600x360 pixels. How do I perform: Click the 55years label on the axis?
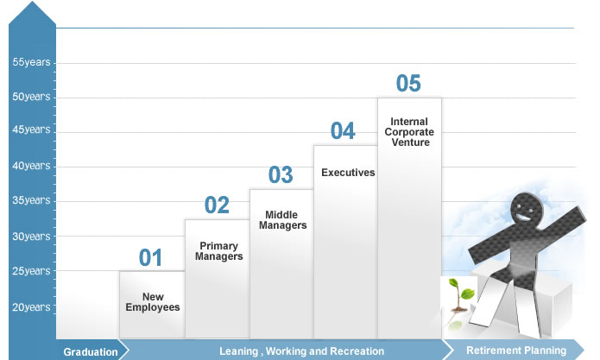31,62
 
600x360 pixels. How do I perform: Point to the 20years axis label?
31,307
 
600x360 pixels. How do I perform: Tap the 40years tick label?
31,166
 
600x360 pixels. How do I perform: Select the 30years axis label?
31,237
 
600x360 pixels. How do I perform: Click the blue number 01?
150,257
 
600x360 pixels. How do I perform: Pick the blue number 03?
281,175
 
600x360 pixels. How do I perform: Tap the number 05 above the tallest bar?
408,84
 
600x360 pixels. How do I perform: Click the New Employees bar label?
153,302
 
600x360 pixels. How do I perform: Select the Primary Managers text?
219,251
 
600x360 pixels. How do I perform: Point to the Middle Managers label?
283,220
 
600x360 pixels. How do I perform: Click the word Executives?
348,173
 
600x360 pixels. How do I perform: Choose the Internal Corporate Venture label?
409,132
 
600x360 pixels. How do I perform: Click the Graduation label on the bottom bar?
91,352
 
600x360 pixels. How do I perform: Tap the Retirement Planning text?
516,351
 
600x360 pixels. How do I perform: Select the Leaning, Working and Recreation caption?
301,351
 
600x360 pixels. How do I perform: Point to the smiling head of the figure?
527,210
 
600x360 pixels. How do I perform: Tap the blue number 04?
343,131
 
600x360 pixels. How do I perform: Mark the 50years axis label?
31,97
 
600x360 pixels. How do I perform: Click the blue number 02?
217,205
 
